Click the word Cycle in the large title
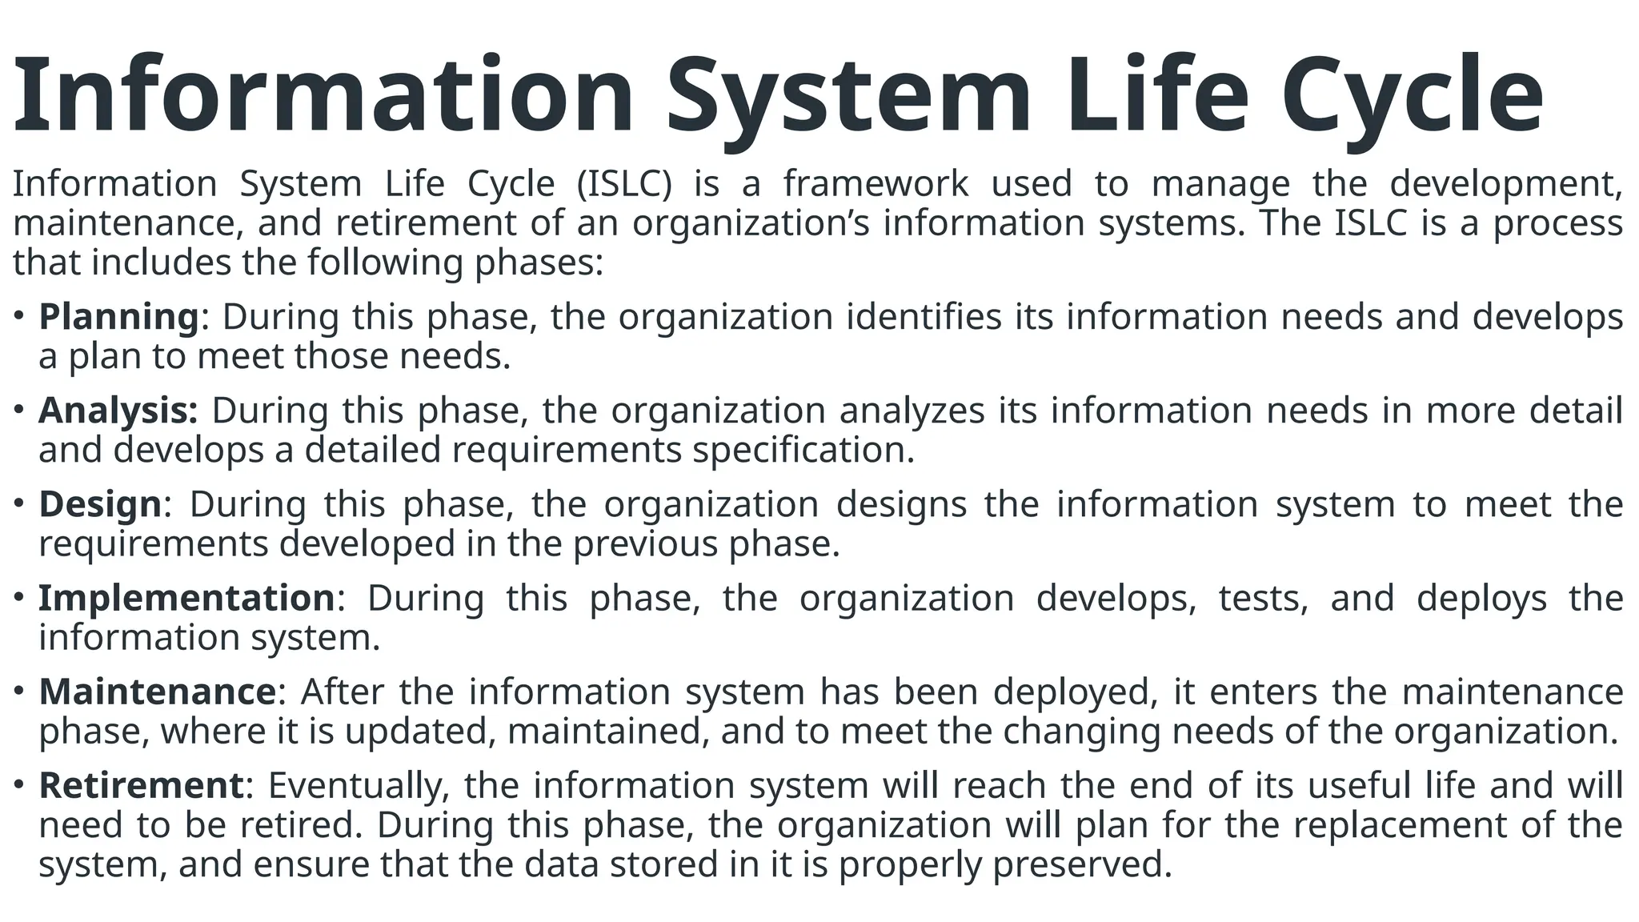pyautogui.click(x=1413, y=96)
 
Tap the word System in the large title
pyautogui.click(x=848, y=96)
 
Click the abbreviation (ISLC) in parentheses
pyautogui.click(x=624, y=184)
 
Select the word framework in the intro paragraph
pyautogui.click(x=876, y=184)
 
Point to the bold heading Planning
pyautogui.click(x=118, y=317)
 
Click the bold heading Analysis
pyautogui.click(x=118, y=411)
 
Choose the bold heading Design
pyautogui.click(x=100, y=504)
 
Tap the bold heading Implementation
pyautogui.click(x=186, y=598)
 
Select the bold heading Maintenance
pyautogui.click(x=157, y=691)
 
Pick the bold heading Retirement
pyautogui.click(x=140, y=785)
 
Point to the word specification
pyautogui.click(x=803, y=450)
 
